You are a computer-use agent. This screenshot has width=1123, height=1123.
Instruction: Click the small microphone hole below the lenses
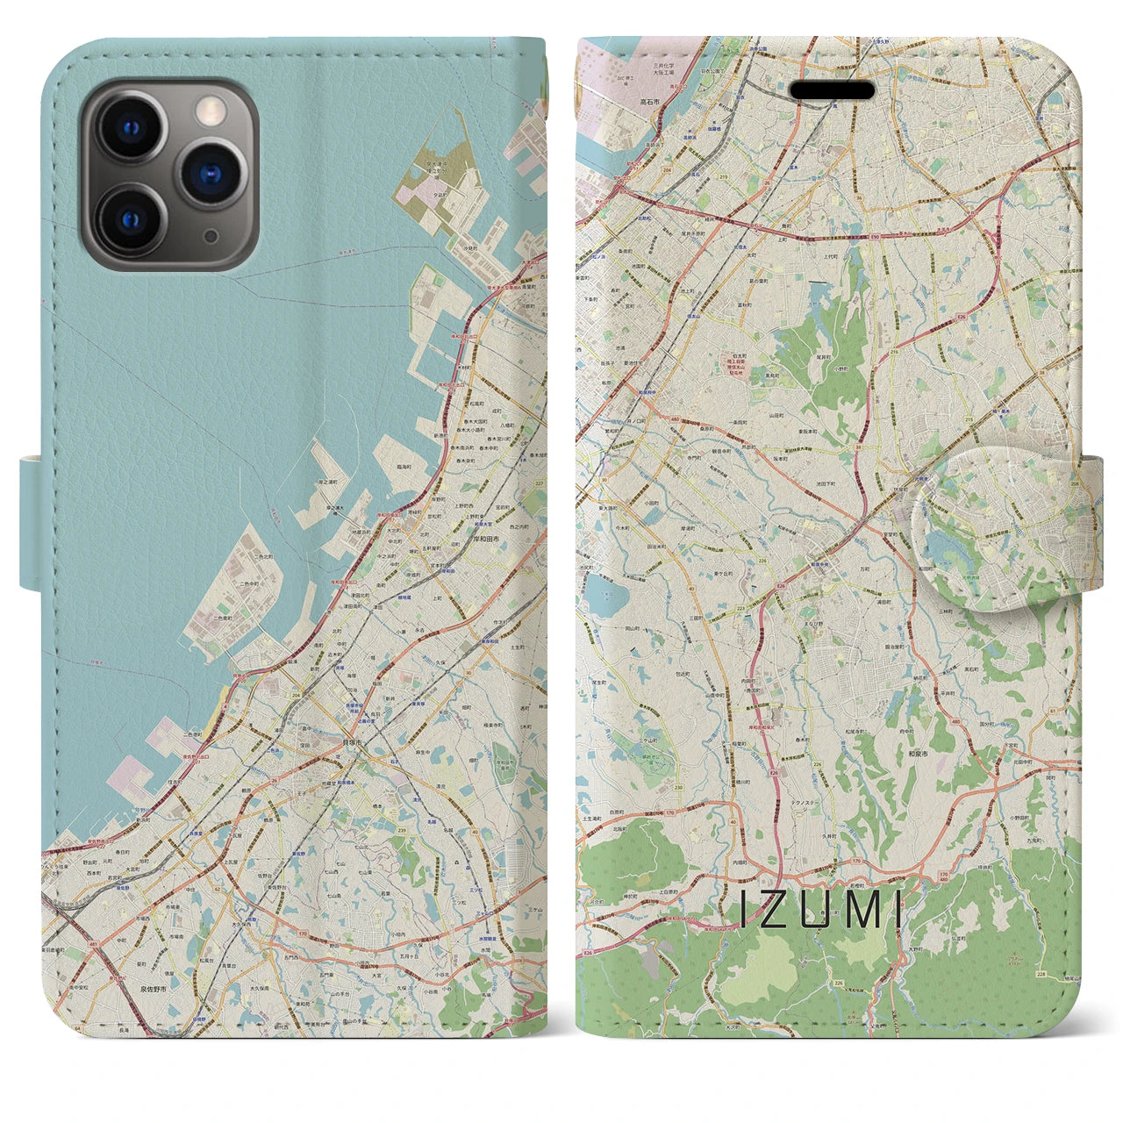tap(210, 237)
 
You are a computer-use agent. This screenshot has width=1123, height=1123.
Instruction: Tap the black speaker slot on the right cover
tap(833, 91)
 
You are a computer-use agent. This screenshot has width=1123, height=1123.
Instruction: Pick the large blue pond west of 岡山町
tap(606, 601)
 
